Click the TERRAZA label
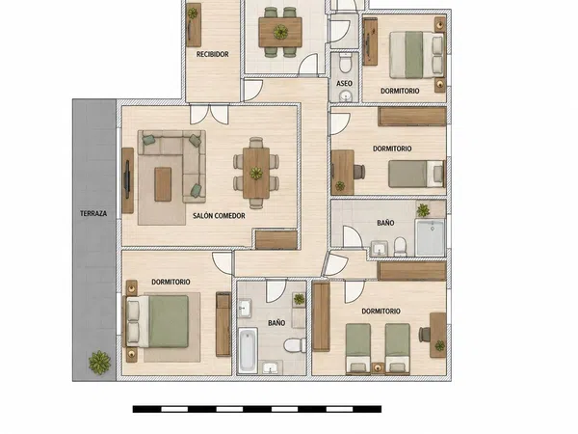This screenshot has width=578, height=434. pos(93,213)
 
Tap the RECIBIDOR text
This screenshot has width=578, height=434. pos(212,54)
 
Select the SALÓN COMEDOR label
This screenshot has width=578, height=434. pos(219,215)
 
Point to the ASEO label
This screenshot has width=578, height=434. pos(344,83)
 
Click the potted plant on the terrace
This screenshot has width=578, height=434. pos(99,363)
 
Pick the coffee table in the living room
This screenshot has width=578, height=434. pos(163,184)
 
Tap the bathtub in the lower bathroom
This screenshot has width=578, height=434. pos(248,351)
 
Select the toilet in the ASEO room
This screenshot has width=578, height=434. pos(346,63)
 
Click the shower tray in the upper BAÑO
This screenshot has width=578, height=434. pos(430,237)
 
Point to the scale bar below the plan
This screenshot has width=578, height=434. pos(257,409)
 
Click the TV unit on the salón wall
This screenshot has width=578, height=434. pos(127,180)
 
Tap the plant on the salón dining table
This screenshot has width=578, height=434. pos(256,173)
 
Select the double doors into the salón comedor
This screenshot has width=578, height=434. pos(209,114)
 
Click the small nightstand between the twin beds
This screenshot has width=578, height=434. pos(378,367)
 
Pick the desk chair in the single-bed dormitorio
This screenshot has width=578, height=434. pos(359,172)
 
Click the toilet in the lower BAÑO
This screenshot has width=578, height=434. pos(295,345)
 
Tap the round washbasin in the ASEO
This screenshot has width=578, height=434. pos(346,96)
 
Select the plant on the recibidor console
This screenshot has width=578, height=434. pos(193,14)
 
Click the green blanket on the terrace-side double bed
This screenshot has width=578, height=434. pos(169,321)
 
